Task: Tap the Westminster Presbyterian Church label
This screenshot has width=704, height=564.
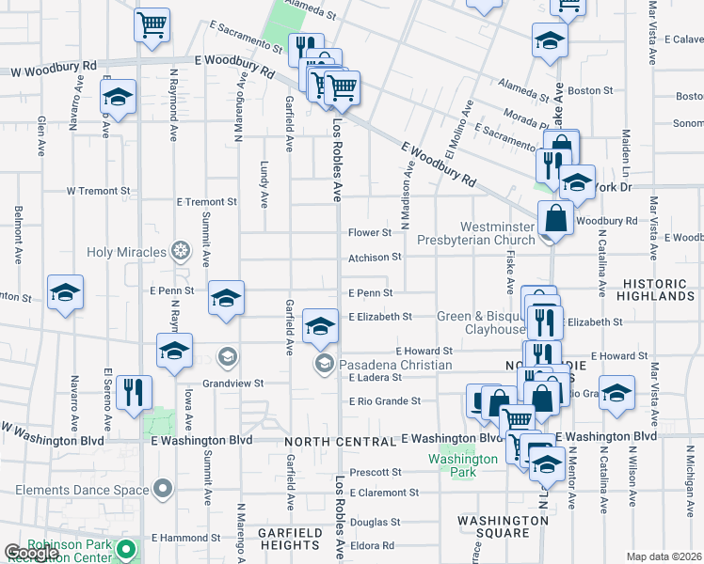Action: (x=482, y=233)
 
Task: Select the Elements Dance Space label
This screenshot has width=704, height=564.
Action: (x=81, y=490)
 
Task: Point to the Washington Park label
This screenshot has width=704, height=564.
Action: (x=462, y=464)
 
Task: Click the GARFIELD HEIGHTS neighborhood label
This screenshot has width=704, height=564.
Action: (x=290, y=539)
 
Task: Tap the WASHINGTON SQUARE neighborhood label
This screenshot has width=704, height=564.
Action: (x=493, y=526)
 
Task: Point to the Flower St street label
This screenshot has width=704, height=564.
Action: (x=370, y=232)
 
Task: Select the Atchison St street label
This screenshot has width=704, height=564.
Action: (x=375, y=257)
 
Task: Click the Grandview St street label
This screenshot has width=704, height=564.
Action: (x=232, y=384)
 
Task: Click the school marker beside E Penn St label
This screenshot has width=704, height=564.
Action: (x=226, y=299)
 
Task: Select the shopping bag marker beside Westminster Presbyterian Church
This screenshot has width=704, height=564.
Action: (x=555, y=218)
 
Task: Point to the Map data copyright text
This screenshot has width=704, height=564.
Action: (x=663, y=556)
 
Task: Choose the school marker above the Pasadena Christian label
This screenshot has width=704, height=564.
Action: (x=321, y=327)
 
